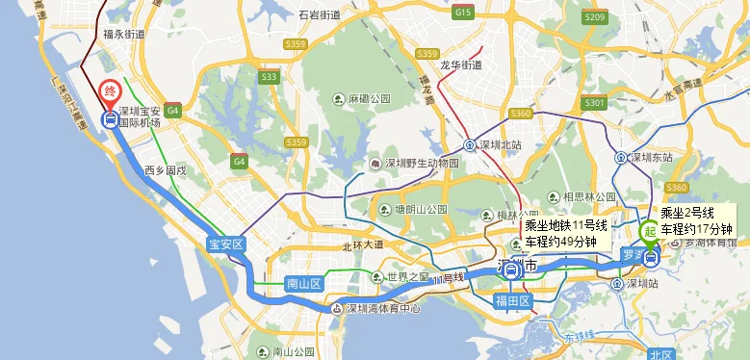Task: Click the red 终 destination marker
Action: [x=110, y=93]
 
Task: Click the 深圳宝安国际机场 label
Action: [x=142, y=116]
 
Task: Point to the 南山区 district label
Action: [x=303, y=283]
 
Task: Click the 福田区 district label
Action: [x=513, y=301]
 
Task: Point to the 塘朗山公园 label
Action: [x=420, y=209]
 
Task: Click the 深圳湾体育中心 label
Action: [x=382, y=309]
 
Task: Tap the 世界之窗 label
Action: [x=405, y=277]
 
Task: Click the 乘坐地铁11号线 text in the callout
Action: [x=566, y=226]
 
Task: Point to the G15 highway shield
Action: [x=464, y=13]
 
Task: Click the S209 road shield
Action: [x=595, y=18]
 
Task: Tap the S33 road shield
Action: [x=269, y=77]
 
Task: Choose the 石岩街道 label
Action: [x=320, y=15]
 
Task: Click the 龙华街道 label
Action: [x=460, y=64]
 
